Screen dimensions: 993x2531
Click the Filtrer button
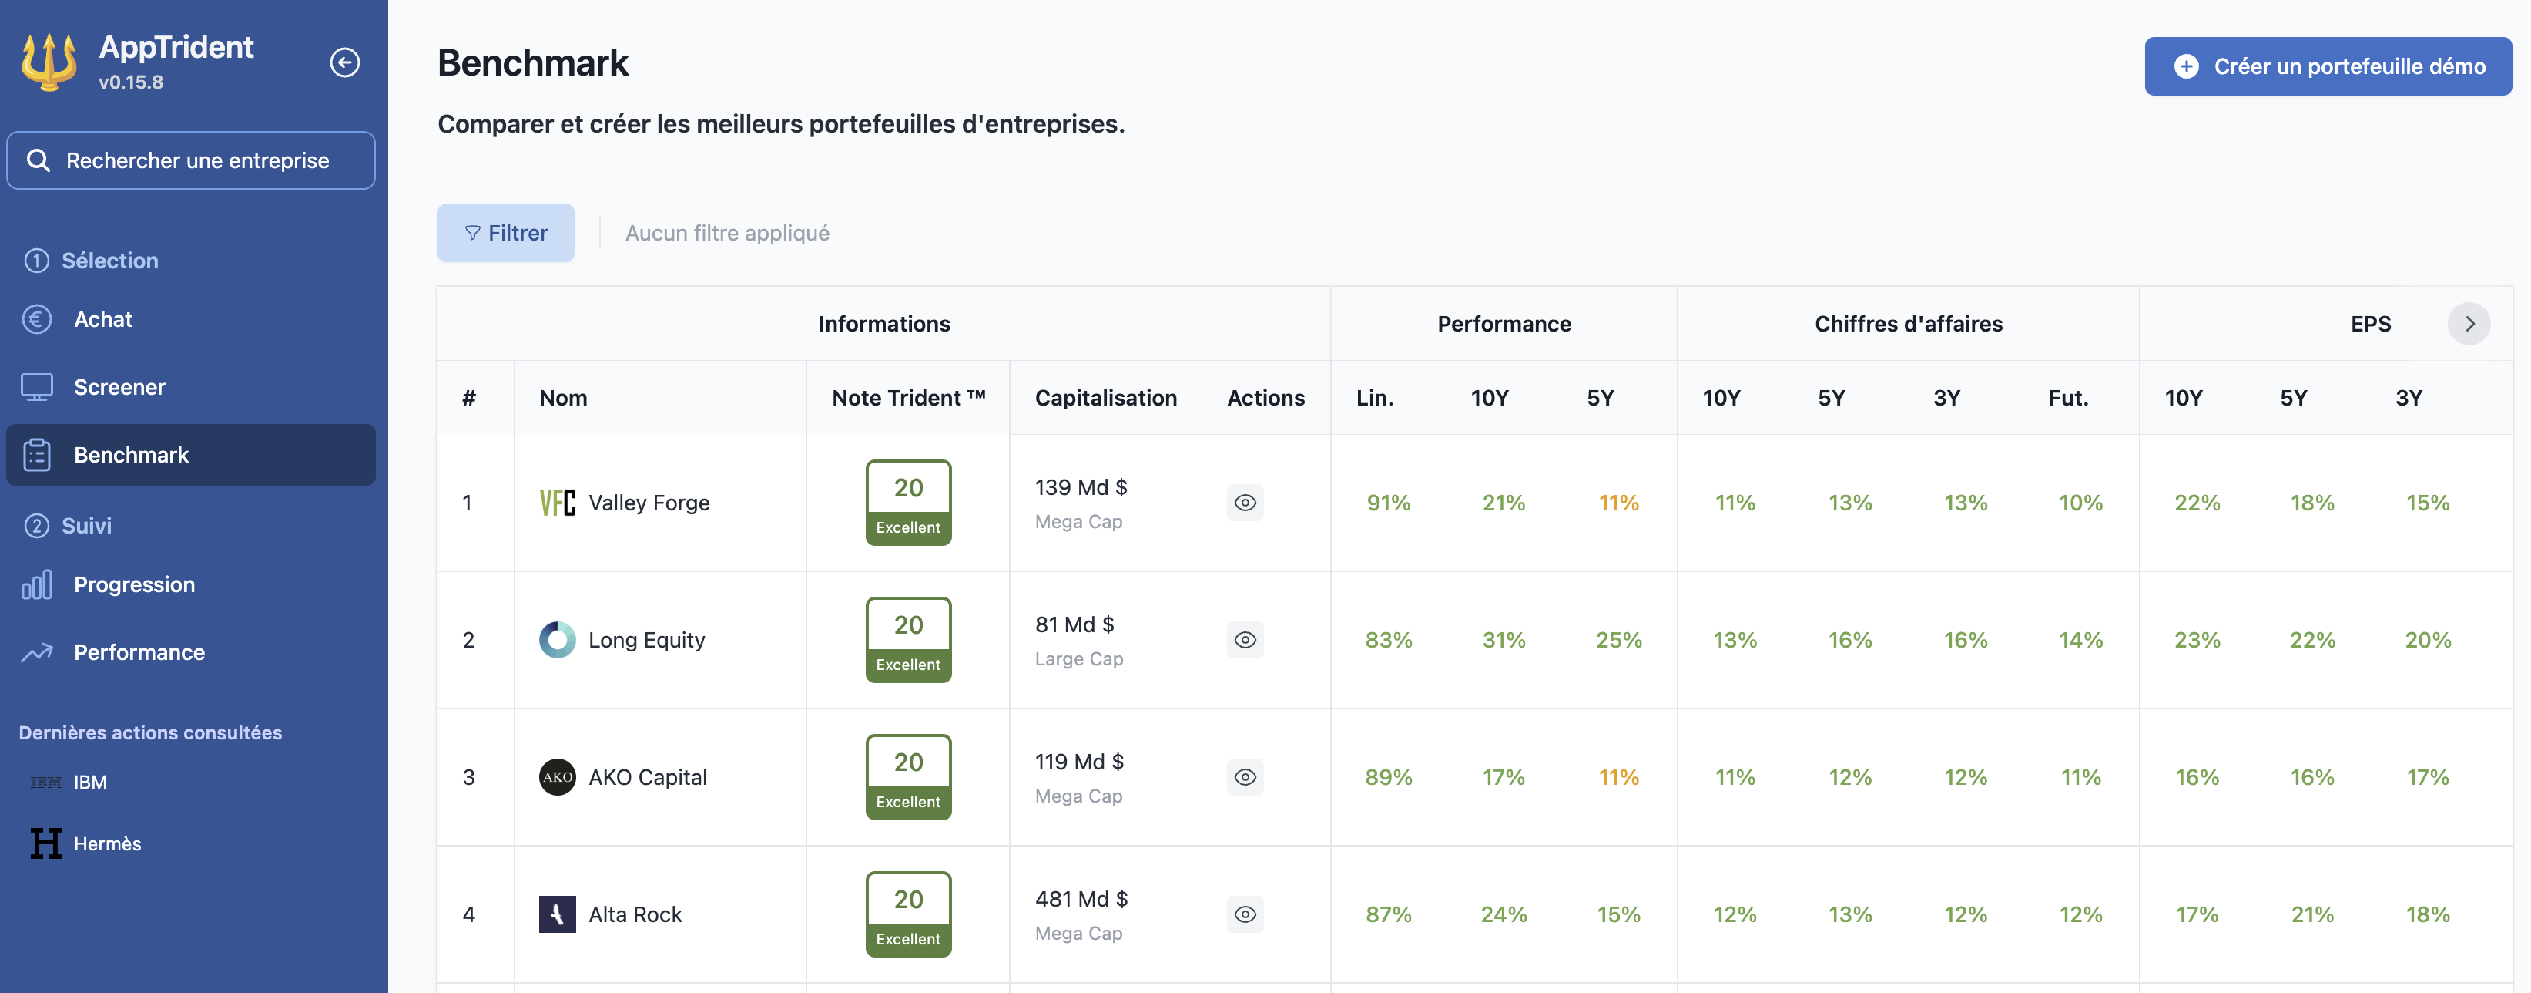[x=505, y=233]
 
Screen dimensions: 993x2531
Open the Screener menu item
[x=119, y=387]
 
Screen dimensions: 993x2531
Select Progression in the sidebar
[x=133, y=585]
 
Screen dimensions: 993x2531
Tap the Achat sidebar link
[x=102, y=319]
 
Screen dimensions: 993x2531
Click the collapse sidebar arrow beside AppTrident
[x=344, y=63]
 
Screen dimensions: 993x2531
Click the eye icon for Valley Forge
[x=1245, y=503]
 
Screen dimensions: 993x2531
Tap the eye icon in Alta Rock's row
[x=1245, y=914]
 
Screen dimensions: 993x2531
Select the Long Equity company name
[x=646, y=640]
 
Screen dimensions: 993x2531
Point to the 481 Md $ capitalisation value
[x=1081, y=900]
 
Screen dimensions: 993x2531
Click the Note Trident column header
[x=908, y=398]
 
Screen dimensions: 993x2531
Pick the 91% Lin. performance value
[x=1387, y=503]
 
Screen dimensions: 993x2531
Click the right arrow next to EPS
[x=2468, y=325]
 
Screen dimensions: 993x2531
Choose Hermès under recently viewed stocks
[x=107, y=843]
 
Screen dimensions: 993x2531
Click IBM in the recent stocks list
[x=89, y=783]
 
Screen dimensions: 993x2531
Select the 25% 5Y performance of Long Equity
[x=1618, y=640]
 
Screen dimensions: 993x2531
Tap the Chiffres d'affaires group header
[x=1907, y=325]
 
